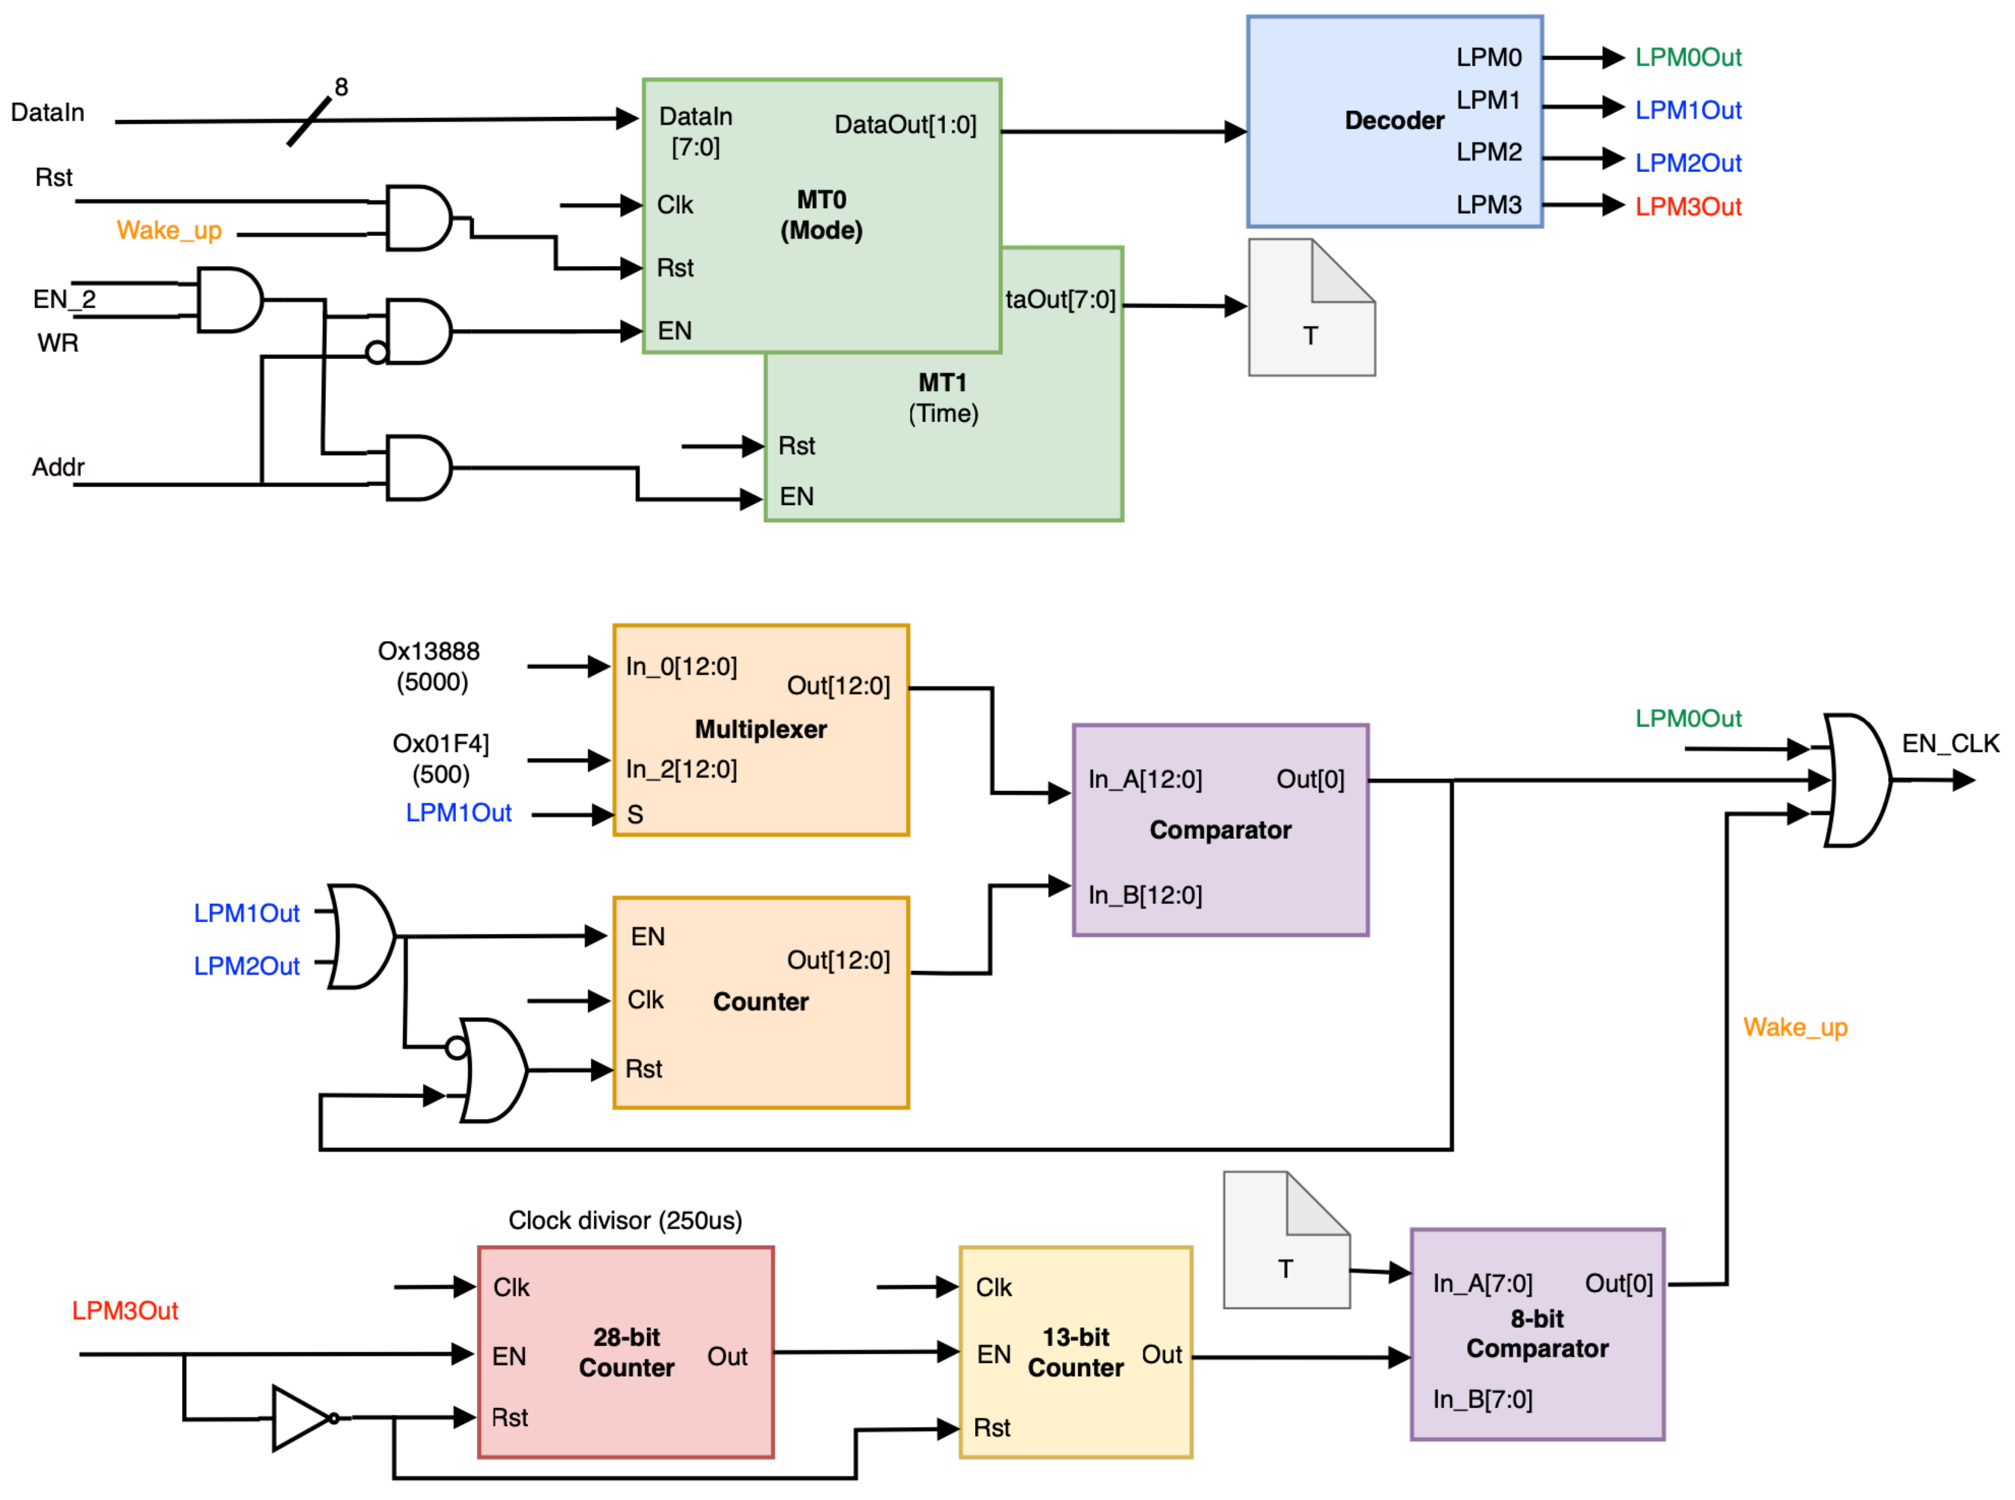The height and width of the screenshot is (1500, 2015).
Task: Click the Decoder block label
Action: click(x=1393, y=120)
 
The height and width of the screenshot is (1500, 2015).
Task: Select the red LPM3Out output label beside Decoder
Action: click(x=1687, y=207)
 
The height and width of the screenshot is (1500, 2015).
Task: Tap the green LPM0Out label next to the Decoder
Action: click(x=1687, y=57)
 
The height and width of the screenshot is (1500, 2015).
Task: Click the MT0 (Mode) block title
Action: click(x=821, y=215)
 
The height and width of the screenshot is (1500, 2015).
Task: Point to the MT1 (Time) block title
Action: click(x=943, y=398)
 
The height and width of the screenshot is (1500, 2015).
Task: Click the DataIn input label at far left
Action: click(x=47, y=113)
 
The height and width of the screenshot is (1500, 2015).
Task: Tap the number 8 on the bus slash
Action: click(x=341, y=87)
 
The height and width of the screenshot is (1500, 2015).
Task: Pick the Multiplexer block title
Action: click(x=760, y=729)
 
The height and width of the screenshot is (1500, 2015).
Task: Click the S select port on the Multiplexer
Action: click(x=635, y=814)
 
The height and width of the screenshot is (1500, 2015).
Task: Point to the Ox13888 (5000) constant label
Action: click(x=430, y=665)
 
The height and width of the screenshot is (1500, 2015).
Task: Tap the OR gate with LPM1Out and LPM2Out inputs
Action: click(x=360, y=936)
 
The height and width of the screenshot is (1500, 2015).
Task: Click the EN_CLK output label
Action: click(x=1949, y=744)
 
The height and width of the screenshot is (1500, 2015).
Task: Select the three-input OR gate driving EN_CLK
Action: click(x=1856, y=780)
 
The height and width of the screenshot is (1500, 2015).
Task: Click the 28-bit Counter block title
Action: click(x=626, y=1352)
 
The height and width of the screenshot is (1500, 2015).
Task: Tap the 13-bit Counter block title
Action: click(x=1075, y=1352)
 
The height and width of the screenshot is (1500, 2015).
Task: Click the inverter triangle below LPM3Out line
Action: click(x=300, y=1417)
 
